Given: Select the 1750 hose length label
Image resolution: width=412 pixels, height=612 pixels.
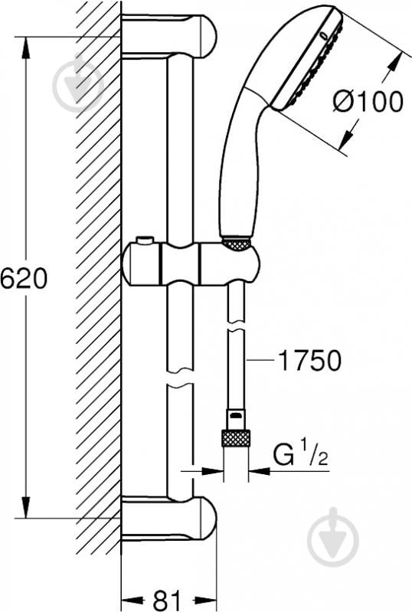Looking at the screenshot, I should pyautogui.click(x=310, y=360).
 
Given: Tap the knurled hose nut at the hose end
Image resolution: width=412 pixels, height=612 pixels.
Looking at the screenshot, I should pyautogui.click(x=236, y=438).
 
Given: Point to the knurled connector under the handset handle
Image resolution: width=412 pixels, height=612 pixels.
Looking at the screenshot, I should pyautogui.click(x=237, y=244).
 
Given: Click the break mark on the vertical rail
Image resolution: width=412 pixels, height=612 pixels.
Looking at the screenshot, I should pyautogui.click(x=180, y=381).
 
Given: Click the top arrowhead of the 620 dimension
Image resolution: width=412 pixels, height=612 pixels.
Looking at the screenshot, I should pyautogui.click(x=26, y=45).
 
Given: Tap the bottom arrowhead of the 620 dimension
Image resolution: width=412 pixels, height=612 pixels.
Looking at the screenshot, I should pyautogui.click(x=26, y=507).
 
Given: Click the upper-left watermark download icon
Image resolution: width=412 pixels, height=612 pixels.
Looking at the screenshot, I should pyautogui.click(x=78, y=85).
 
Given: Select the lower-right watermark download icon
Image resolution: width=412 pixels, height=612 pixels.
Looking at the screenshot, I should pyautogui.click(x=332, y=536).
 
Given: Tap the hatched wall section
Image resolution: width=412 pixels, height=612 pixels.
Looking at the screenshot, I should pyautogui.click(x=98, y=306).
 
